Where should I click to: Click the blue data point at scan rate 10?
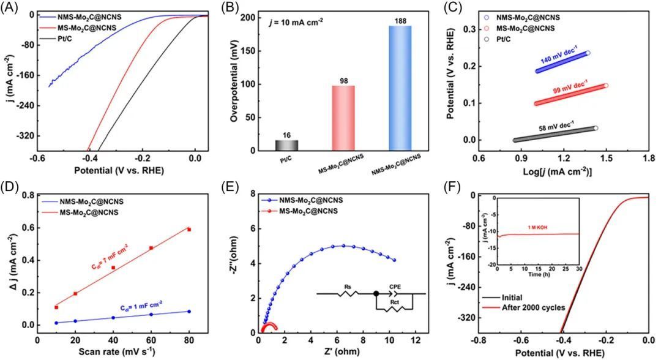(56, 323)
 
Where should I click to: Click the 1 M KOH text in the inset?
(573, 228)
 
